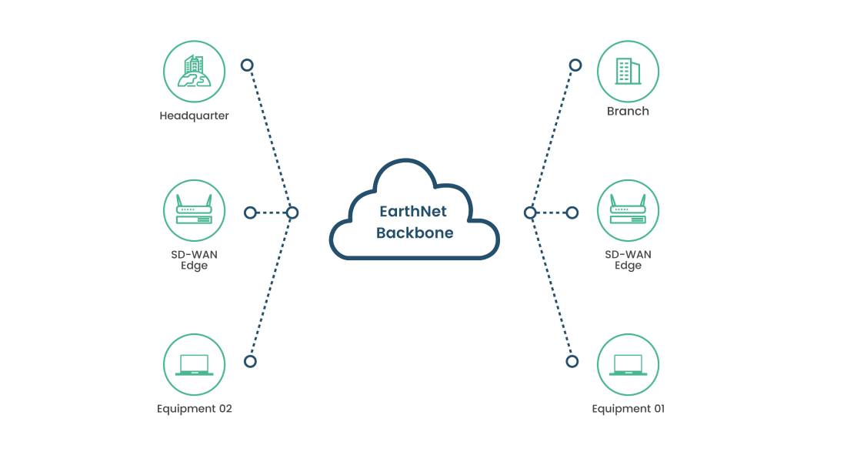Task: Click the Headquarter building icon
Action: [x=194, y=72]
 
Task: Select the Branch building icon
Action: [x=628, y=72]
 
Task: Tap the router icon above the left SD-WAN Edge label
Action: [x=194, y=211]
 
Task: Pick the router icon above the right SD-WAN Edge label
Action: [x=628, y=211]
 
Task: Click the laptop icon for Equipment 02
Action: [x=194, y=364]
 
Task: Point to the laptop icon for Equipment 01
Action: [x=628, y=364]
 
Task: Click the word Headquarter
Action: [x=194, y=116]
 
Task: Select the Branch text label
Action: [x=628, y=111]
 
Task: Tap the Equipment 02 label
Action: [x=194, y=409]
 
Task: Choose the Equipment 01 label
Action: [x=628, y=409]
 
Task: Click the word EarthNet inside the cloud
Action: [x=414, y=212]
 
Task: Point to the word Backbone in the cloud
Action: [x=414, y=233]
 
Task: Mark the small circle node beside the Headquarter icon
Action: [x=247, y=65]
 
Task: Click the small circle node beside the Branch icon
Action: [x=575, y=65]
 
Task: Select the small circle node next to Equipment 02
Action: [x=249, y=360]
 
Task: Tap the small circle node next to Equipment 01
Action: [x=572, y=360]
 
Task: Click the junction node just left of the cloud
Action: [x=292, y=213]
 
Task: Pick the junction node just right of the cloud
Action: [x=530, y=213]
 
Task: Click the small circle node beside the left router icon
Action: [x=250, y=213]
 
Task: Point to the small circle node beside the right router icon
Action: [x=572, y=213]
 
